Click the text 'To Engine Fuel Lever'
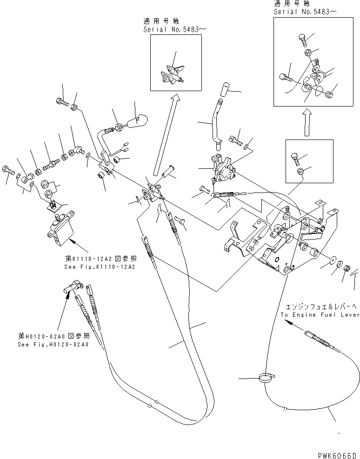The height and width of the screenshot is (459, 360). (320, 315)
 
